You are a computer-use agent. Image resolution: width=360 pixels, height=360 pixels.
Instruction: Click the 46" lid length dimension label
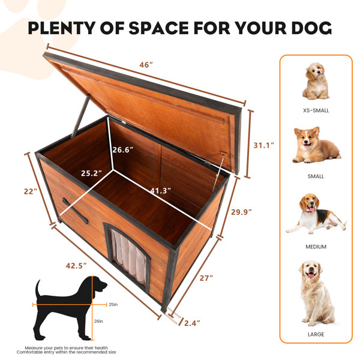tap(146, 65)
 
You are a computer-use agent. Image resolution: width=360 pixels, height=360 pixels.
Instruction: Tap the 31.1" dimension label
tap(264, 145)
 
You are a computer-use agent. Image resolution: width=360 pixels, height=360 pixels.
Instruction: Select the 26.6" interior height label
tap(123, 150)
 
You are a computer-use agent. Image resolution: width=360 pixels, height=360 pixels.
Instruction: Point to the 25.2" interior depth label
tap(91, 173)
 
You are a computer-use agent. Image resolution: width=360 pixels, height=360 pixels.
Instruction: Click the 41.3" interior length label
tap(161, 191)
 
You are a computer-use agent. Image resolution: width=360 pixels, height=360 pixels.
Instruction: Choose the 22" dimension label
tap(31, 191)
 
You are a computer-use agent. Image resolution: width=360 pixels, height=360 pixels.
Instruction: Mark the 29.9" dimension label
tap(241, 212)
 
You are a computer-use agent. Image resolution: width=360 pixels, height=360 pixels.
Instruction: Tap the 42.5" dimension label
tap(76, 266)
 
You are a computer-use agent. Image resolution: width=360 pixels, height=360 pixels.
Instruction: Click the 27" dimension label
tap(206, 278)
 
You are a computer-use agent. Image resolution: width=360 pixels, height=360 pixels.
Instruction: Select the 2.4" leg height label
tap(192, 323)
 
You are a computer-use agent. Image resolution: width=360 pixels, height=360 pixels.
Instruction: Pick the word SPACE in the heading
tap(158, 28)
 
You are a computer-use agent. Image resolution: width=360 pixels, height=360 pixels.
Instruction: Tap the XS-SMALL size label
tap(316, 110)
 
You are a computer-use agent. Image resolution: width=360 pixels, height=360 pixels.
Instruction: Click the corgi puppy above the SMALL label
tap(316, 145)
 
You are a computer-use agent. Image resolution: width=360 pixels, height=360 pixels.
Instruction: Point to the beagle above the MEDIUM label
tap(316, 213)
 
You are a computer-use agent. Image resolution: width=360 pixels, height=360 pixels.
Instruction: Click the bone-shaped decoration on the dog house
tap(75, 211)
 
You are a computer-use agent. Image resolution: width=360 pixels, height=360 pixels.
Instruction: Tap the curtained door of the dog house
tap(128, 256)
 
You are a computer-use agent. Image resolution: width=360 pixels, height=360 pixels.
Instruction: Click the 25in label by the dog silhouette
tap(113, 305)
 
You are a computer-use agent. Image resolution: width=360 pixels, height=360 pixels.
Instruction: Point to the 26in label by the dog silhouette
tap(98, 321)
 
